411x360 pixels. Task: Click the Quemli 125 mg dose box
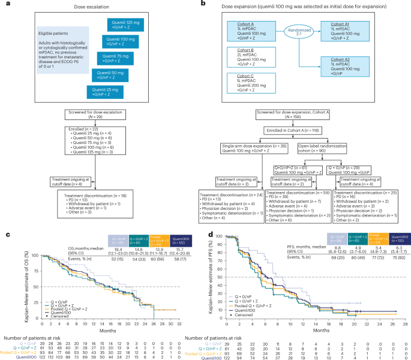128,25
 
